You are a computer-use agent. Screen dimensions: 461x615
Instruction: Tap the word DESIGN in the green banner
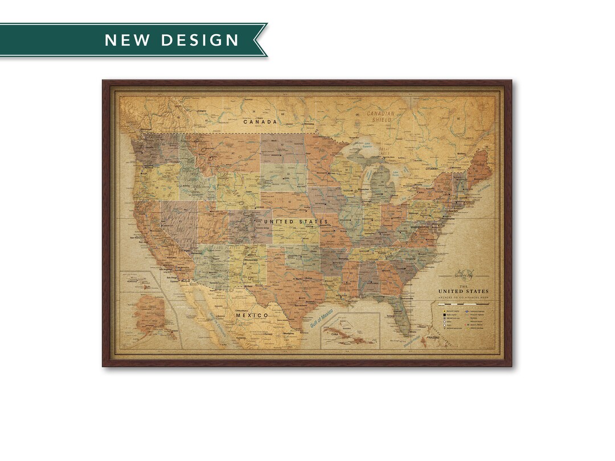click(200, 40)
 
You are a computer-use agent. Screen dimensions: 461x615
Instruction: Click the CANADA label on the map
click(260, 122)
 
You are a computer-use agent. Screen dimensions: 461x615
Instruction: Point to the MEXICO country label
click(252, 315)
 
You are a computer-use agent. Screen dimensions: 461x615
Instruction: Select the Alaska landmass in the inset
click(151, 316)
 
